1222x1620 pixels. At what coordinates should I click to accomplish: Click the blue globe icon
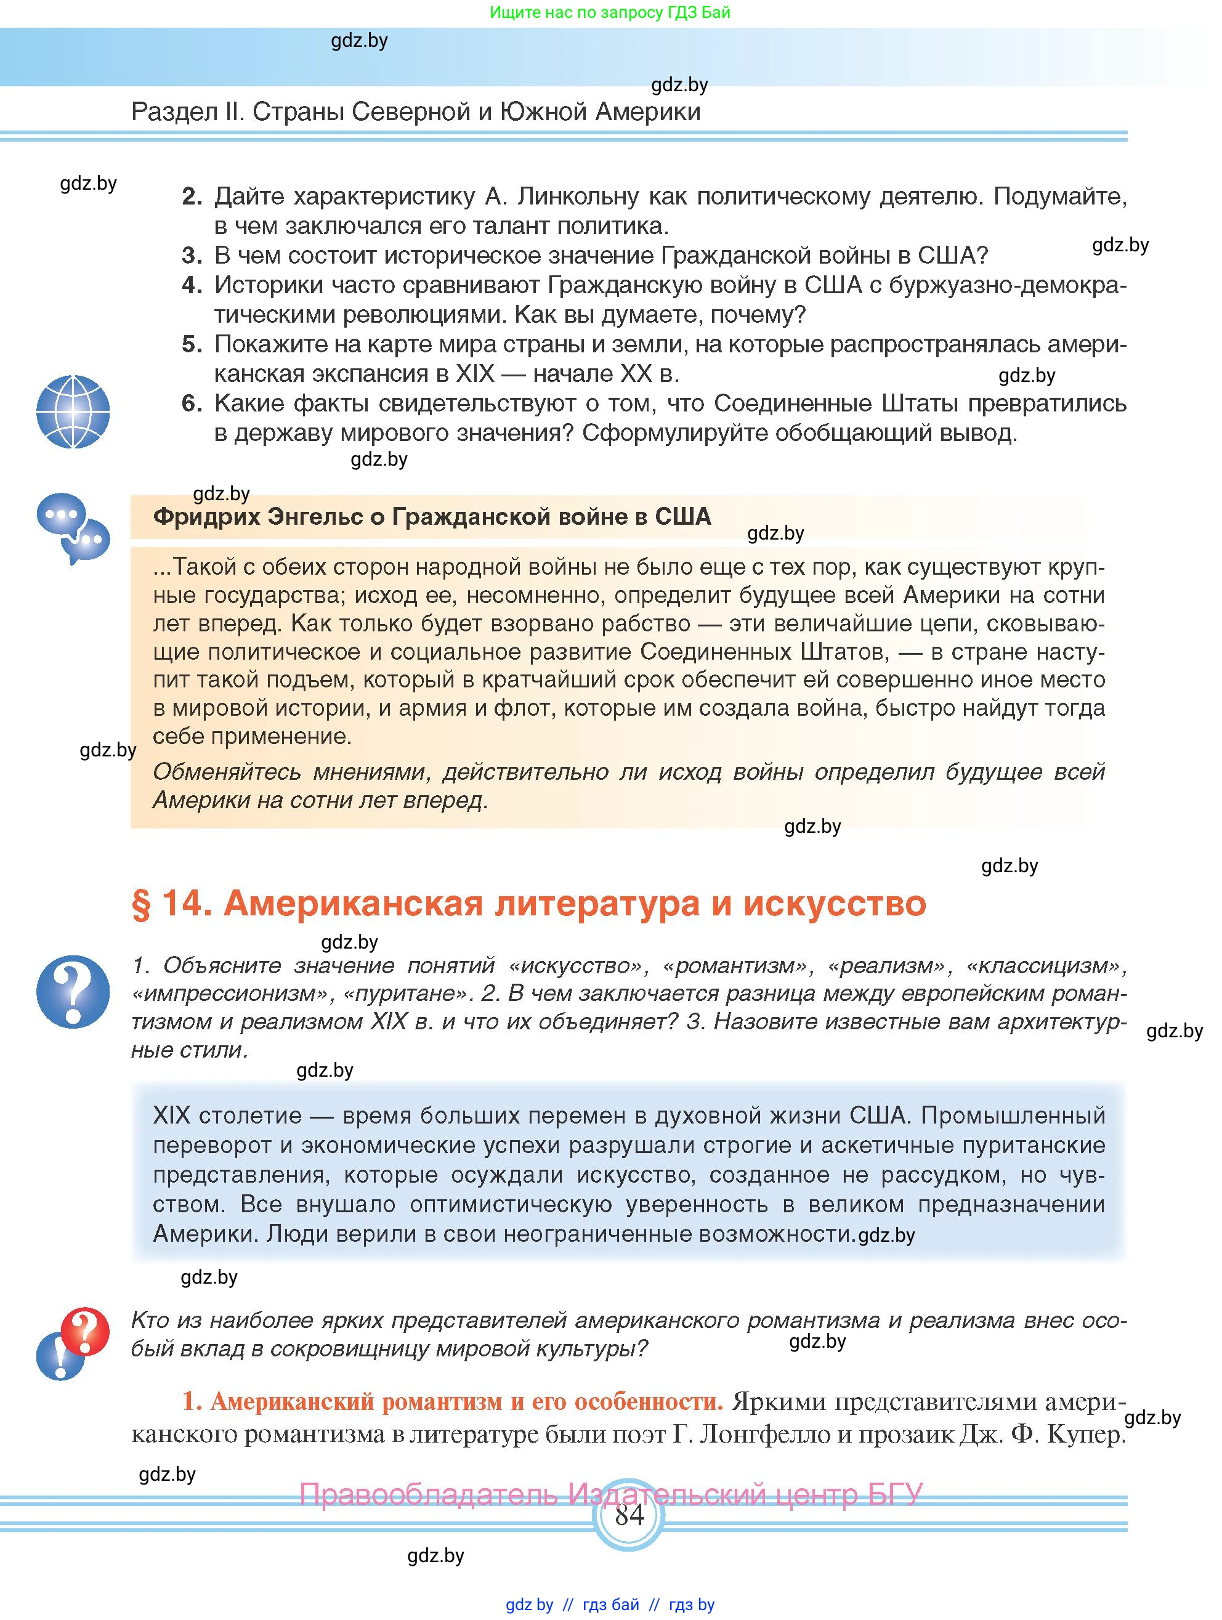coord(73,411)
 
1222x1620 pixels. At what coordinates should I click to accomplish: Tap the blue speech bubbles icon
coord(73,527)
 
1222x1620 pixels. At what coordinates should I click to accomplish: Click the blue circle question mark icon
coord(73,991)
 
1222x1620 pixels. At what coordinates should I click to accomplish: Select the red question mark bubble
coord(85,1330)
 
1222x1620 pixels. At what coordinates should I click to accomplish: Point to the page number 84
coord(629,1515)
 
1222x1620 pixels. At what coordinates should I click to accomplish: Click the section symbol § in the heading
coord(140,903)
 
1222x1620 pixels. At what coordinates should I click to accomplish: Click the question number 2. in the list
coord(192,196)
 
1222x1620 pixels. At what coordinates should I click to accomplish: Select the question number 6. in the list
coord(192,403)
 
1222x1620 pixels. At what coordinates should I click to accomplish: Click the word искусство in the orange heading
coord(835,903)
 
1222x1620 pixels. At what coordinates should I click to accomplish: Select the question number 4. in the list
coord(192,285)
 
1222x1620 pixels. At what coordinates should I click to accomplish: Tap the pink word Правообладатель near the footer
coord(428,1494)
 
